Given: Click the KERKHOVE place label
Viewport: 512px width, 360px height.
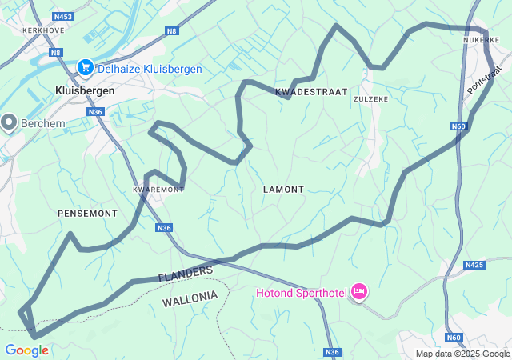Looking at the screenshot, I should click(43, 30).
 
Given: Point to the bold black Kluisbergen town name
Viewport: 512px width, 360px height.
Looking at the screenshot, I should click(85, 90).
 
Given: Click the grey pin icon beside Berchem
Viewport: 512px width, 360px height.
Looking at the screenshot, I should click(10, 122).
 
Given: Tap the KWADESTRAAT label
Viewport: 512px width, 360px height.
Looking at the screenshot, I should click(311, 92).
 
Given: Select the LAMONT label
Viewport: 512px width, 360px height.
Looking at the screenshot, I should click(283, 190).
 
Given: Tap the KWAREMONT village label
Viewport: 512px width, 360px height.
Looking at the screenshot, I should click(158, 190).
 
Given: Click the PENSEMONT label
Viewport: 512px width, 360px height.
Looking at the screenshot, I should click(88, 214).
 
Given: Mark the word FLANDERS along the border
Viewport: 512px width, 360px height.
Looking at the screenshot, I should click(186, 274).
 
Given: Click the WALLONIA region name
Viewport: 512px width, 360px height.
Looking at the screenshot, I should click(190, 297).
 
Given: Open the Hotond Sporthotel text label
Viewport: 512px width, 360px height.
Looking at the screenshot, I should click(301, 293).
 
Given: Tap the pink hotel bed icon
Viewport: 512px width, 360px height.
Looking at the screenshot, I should click(359, 292).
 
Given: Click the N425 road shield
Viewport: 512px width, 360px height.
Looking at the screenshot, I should click(474, 265).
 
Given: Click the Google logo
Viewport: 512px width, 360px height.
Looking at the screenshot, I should click(26, 350).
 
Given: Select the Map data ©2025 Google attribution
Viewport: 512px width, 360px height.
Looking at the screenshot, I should click(462, 354).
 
